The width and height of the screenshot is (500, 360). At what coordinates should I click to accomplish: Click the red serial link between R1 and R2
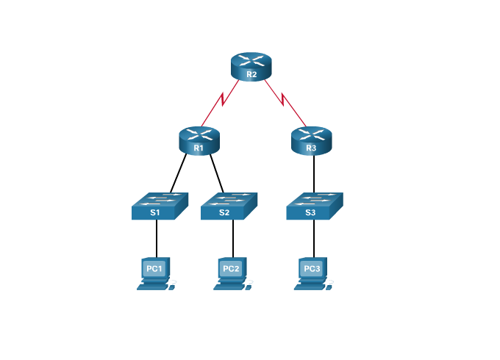click(x=220, y=104)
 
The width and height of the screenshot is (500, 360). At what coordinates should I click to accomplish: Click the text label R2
click(x=251, y=74)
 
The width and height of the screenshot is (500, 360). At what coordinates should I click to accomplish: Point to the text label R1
click(x=199, y=148)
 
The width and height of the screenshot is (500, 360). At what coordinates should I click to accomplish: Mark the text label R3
click(x=311, y=148)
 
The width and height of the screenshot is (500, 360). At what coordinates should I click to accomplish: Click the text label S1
click(x=154, y=213)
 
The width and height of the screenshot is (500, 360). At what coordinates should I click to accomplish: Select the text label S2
click(x=224, y=213)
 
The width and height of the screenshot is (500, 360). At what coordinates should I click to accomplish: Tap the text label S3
click(x=310, y=213)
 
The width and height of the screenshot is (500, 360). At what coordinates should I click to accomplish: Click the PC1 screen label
click(x=154, y=269)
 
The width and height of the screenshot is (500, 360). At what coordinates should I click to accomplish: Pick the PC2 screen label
click(x=231, y=269)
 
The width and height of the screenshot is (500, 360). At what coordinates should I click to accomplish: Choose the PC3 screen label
click(x=311, y=269)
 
